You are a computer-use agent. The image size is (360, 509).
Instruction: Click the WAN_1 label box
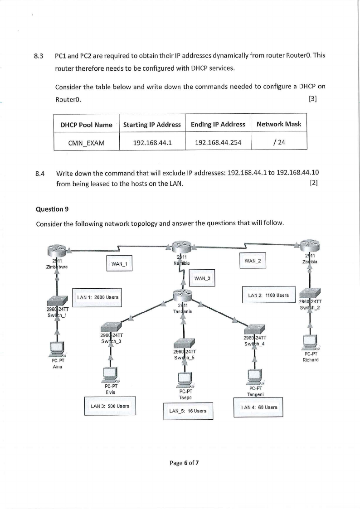click(118, 263)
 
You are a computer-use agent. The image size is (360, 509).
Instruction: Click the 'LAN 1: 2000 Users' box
click(98, 297)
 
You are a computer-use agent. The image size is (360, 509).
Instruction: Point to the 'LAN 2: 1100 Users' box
click(268, 296)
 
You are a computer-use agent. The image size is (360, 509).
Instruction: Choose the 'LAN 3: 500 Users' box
click(110, 406)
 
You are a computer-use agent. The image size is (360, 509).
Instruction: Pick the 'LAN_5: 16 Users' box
click(188, 411)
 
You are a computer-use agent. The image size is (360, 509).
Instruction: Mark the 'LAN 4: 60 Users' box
click(258, 407)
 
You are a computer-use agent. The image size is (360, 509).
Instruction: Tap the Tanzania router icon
click(183, 296)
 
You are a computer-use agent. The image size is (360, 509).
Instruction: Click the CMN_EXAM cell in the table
click(86, 143)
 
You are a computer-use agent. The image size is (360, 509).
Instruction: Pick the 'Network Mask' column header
click(278, 124)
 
